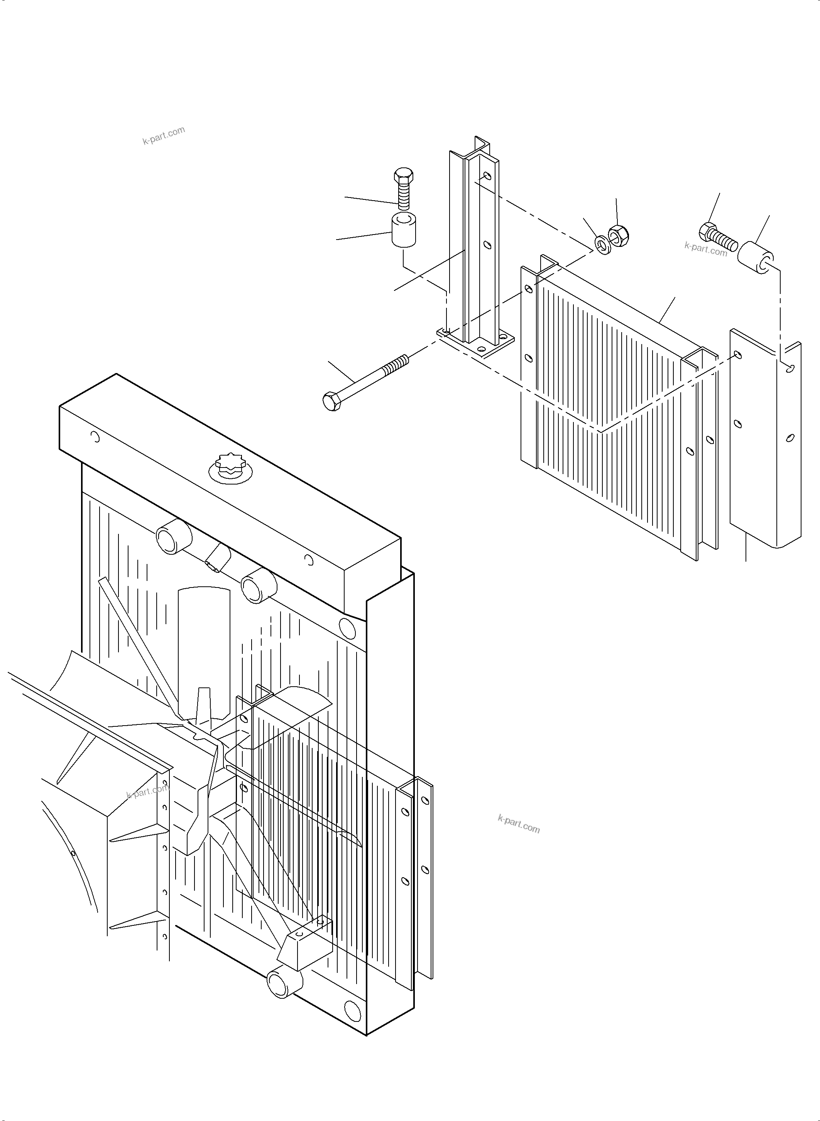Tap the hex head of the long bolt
click(x=331, y=401)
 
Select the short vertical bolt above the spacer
click(x=403, y=189)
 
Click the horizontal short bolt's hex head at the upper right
click(x=707, y=232)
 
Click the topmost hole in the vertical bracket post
click(x=487, y=176)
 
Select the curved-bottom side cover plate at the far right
click(x=764, y=442)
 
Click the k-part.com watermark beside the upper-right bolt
click(x=705, y=248)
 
